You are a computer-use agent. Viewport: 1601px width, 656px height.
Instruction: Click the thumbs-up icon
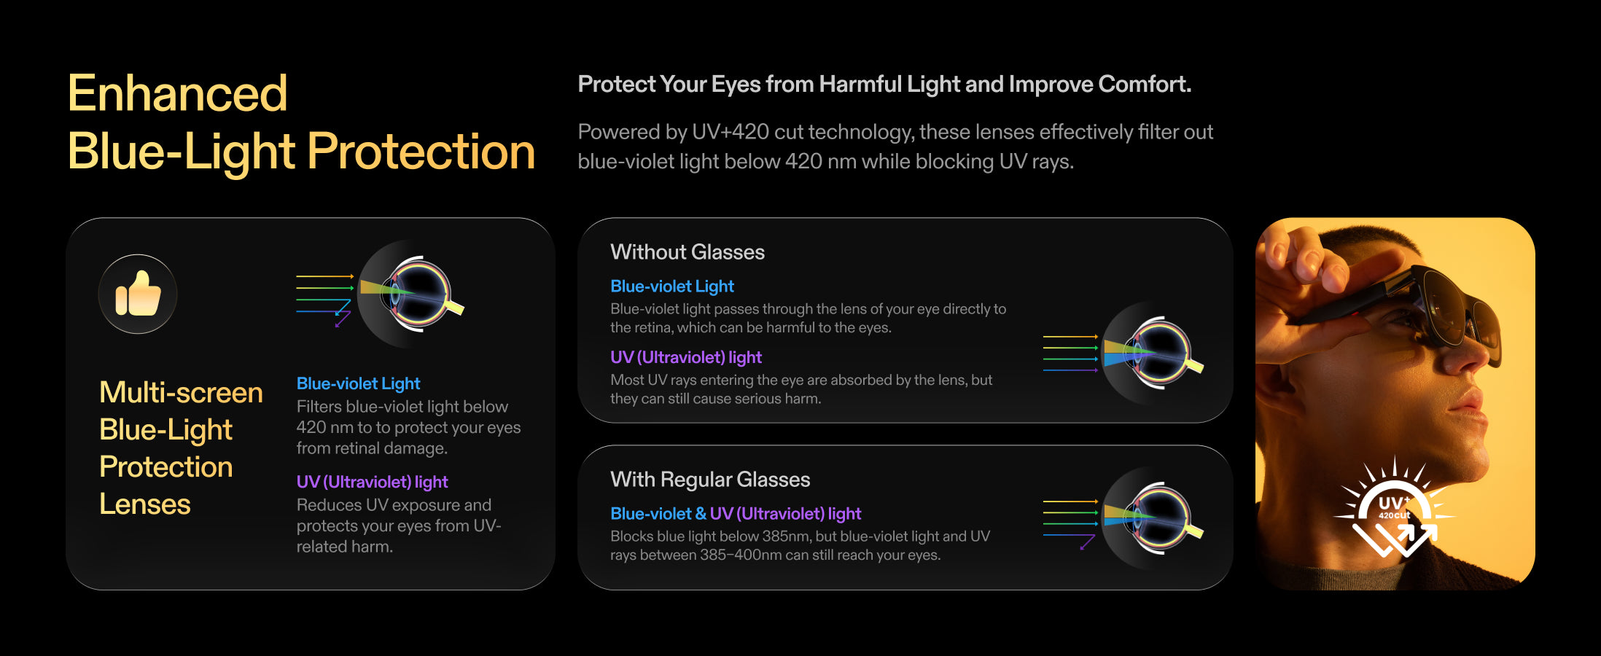tap(138, 294)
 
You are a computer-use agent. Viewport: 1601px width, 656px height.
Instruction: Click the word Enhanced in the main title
tap(178, 93)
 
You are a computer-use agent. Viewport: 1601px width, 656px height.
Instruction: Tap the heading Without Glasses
tap(687, 252)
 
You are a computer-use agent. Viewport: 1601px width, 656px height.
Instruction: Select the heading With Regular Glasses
tap(710, 480)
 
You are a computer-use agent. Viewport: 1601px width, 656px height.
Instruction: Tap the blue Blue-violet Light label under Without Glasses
tap(672, 286)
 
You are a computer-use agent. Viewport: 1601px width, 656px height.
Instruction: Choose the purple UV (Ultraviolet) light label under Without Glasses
tap(686, 357)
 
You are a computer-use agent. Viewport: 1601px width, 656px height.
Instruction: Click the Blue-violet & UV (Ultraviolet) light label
tap(736, 514)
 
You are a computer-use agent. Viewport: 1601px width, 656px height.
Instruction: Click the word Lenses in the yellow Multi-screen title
tap(145, 504)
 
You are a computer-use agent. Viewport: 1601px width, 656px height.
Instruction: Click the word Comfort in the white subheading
tap(1145, 85)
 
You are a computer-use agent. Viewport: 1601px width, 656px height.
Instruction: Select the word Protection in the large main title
tap(421, 152)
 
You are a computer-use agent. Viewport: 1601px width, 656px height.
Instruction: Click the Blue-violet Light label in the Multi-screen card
tap(358, 383)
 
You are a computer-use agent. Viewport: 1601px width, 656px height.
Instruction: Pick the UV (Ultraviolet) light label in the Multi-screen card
tap(372, 482)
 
